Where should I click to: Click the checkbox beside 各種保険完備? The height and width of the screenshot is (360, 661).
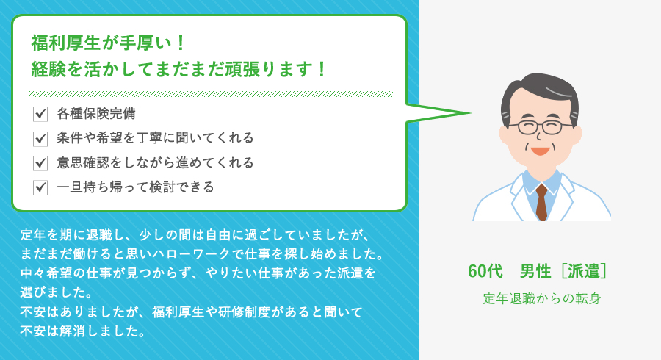click(40, 114)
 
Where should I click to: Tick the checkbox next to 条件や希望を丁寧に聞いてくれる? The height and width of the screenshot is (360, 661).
click(40, 138)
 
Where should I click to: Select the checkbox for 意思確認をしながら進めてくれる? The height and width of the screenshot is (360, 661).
click(40, 162)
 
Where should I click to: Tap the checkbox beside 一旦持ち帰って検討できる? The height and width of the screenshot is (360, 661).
click(40, 187)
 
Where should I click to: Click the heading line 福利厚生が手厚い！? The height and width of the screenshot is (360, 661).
click(108, 43)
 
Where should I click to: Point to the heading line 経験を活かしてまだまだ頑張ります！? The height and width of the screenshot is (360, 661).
click(178, 69)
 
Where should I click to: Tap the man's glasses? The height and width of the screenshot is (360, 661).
click(541, 127)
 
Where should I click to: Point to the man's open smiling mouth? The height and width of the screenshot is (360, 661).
click(540, 151)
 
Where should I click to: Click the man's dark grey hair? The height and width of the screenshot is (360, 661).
click(540, 90)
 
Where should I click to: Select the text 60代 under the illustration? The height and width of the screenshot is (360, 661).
click(485, 271)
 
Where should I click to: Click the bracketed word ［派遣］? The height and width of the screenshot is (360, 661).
click(585, 271)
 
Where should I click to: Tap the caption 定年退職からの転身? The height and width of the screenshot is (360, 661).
click(542, 299)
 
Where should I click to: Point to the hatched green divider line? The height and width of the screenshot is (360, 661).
click(211, 94)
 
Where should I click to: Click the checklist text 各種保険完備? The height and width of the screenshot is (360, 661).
click(96, 113)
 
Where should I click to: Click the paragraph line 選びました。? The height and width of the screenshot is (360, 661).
click(56, 292)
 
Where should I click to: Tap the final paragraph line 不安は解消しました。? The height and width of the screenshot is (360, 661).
click(82, 331)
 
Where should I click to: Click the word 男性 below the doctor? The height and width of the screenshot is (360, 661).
click(535, 271)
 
